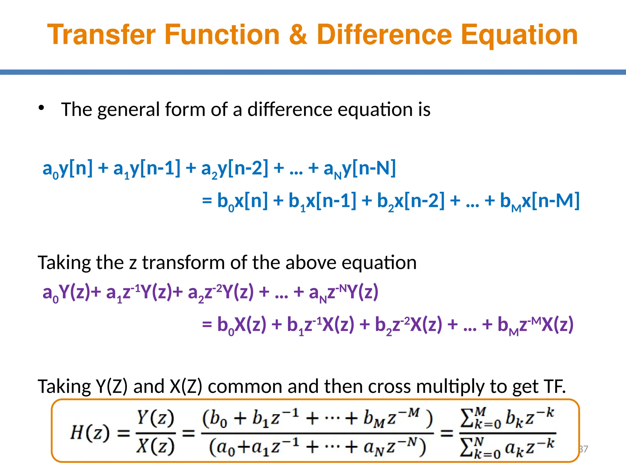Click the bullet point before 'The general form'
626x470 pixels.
(42, 108)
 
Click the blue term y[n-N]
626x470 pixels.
(369, 168)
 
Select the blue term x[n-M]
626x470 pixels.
(551, 201)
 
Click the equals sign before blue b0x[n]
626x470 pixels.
(207, 201)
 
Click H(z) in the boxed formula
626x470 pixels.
(90, 433)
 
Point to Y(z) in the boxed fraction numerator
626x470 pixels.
(155, 418)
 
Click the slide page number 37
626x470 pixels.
(584, 449)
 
